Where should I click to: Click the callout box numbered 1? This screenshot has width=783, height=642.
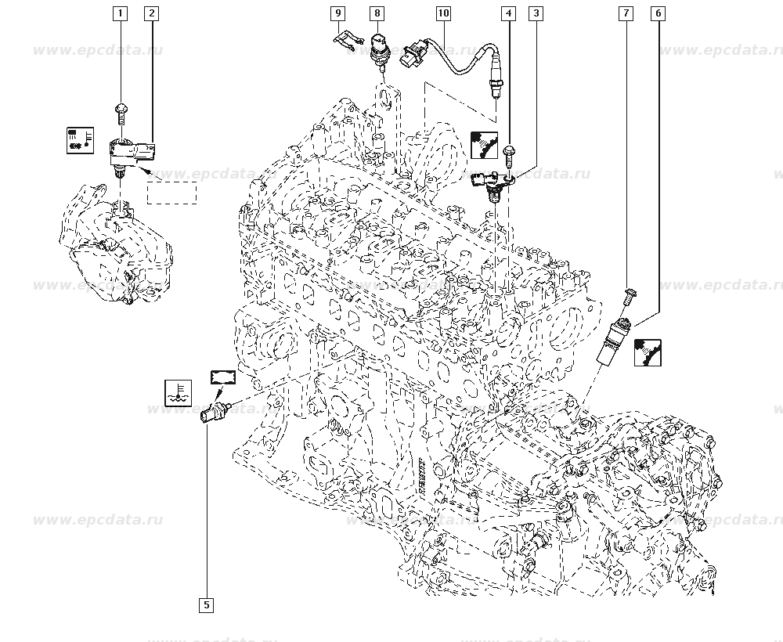coord(119,13)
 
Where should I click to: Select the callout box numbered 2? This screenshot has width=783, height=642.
coord(151,13)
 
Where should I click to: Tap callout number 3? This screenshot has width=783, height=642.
coord(536,13)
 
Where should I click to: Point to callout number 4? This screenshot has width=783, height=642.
coord(509,13)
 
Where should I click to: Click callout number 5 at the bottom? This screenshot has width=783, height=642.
coord(207,604)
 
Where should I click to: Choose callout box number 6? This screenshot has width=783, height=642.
coord(658,13)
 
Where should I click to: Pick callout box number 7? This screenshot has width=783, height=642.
coord(626,13)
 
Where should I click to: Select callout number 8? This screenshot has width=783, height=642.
coord(377,13)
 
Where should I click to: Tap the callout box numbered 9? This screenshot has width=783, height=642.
coord(337,13)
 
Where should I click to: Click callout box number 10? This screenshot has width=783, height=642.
coord(443,13)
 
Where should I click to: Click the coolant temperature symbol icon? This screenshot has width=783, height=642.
coord(178,392)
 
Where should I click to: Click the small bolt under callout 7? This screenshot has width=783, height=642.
coord(629,295)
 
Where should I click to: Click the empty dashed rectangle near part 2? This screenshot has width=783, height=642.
coord(171,192)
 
